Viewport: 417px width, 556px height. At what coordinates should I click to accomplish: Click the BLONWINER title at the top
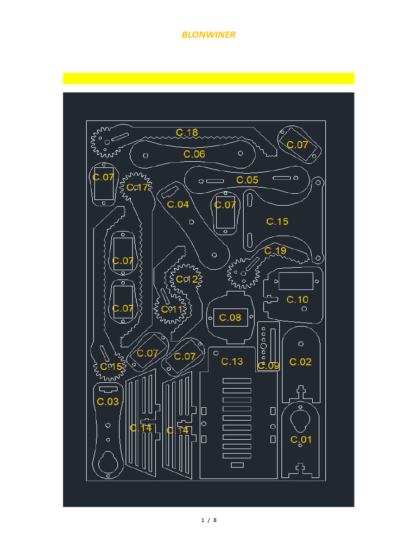(208, 35)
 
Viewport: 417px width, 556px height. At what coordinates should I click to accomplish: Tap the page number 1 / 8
(208, 520)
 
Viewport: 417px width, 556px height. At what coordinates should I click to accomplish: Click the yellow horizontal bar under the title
(208, 79)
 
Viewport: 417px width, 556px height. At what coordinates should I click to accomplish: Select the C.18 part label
(187, 132)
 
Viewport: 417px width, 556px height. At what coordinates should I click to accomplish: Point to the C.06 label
(194, 154)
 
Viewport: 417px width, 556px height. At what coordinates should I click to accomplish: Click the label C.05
(247, 180)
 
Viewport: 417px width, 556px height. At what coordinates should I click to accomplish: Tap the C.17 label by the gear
(137, 188)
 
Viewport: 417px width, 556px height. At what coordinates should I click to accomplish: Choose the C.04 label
(178, 205)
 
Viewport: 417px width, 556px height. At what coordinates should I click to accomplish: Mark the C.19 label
(275, 251)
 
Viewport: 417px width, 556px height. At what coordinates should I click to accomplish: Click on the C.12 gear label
(187, 280)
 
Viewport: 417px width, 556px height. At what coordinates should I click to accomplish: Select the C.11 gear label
(172, 309)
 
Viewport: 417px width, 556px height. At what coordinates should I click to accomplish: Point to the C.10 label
(298, 300)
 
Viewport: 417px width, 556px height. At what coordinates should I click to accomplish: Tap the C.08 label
(230, 318)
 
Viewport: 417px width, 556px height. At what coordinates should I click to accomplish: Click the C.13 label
(232, 362)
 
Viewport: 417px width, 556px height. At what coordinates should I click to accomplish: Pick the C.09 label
(268, 366)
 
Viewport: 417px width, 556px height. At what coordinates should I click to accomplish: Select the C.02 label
(300, 362)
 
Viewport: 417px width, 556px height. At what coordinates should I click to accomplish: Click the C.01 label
(301, 440)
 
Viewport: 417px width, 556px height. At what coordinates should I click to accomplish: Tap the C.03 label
(108, 402)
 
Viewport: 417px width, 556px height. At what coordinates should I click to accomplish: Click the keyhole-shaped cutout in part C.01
(300, 419)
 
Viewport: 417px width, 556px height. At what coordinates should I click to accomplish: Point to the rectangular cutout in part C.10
(296, 281)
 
